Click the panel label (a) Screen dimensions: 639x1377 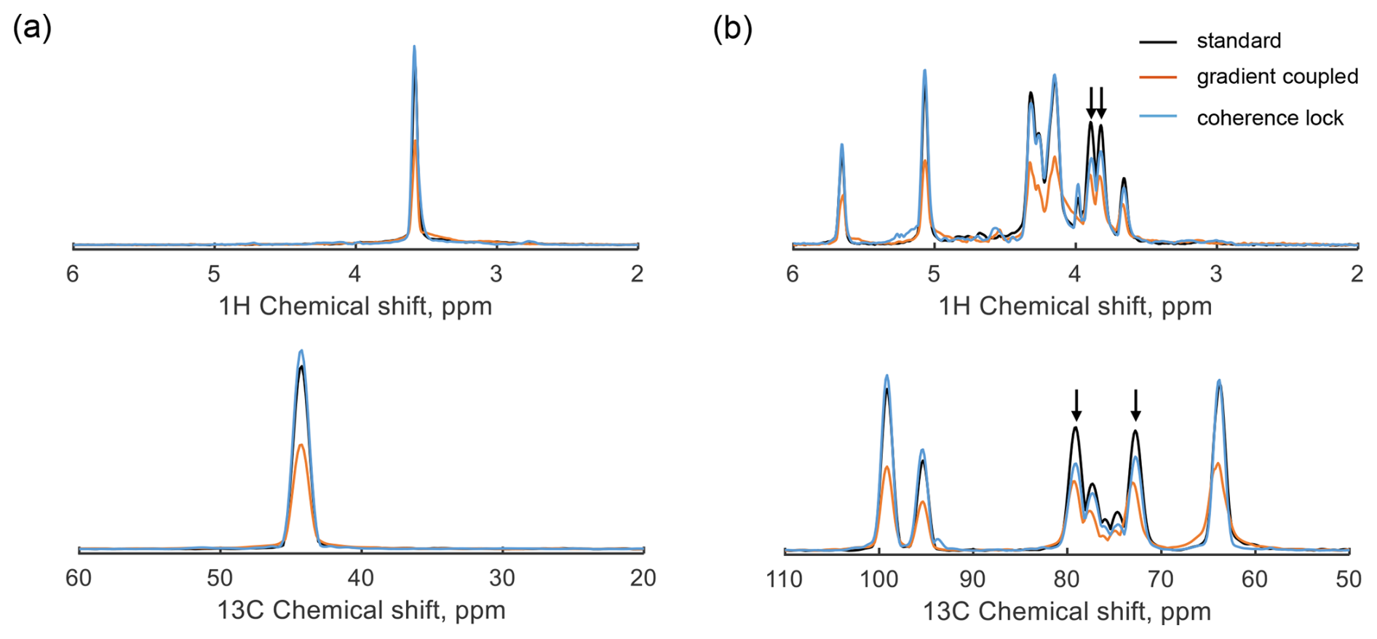32,28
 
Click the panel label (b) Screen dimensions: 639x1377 732,28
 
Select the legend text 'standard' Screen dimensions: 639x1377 1239,41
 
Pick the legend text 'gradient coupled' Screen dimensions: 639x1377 1277,76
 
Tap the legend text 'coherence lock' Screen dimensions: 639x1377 1270,118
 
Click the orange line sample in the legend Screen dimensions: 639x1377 1158,76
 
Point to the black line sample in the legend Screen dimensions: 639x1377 1158,41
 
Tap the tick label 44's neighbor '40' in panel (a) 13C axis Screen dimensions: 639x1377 361,579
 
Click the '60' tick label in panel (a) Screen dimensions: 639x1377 79,579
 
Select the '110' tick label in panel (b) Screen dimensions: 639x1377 785,579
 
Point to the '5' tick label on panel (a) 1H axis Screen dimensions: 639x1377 214,274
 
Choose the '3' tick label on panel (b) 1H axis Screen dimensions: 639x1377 1216,274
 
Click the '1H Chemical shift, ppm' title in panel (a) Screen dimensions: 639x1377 355,306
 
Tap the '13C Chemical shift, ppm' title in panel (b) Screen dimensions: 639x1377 1067,611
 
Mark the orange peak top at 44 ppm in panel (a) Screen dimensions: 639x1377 301,445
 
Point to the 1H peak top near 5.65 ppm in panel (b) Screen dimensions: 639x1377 842,145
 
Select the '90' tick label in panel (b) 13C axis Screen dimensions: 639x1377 973,579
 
